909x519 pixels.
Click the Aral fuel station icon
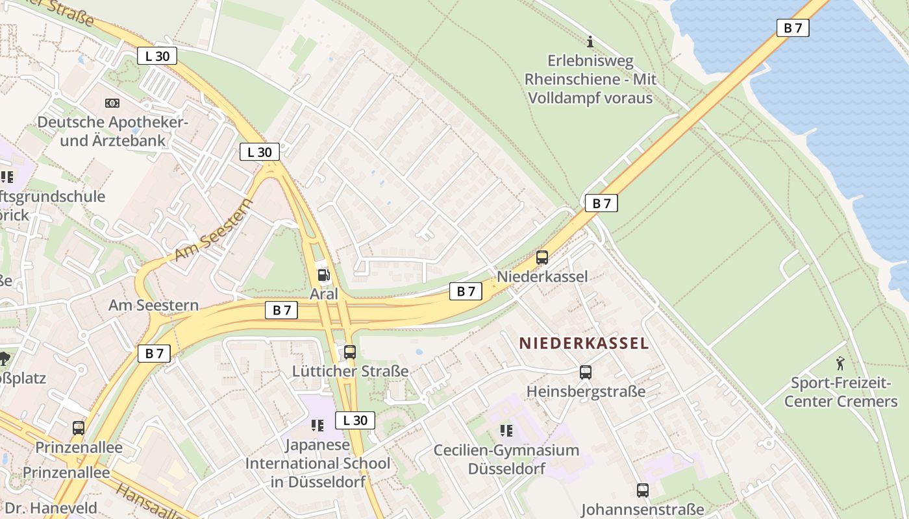tap(323, 274)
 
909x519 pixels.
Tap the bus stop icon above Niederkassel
tap(542, 258)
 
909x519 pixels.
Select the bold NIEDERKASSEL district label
tap(584, 344)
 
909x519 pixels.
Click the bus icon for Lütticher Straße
tap(350, 352)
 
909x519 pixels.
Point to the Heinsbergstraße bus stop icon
tap(586, 372)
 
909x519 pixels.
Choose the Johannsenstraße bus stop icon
tap(643, 490)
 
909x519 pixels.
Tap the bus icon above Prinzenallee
tap(79, 428)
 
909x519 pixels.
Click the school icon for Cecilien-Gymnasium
tap(506, 430)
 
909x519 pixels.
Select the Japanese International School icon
tap(318, 426)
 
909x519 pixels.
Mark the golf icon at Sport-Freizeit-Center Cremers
tap(840, 363)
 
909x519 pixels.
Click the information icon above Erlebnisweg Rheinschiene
tap(590, 42)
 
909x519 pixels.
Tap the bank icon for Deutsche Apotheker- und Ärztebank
tap(112, 103)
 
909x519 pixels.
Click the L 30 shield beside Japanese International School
tap(355, 420)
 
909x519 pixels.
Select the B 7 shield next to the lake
tap(793, 28)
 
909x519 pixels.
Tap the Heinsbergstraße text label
tap(586, 391)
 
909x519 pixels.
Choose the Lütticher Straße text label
tap(350, 371)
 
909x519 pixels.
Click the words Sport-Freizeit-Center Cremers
tap(840, 392)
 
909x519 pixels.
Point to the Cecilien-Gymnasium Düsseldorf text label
tap(506, 459)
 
